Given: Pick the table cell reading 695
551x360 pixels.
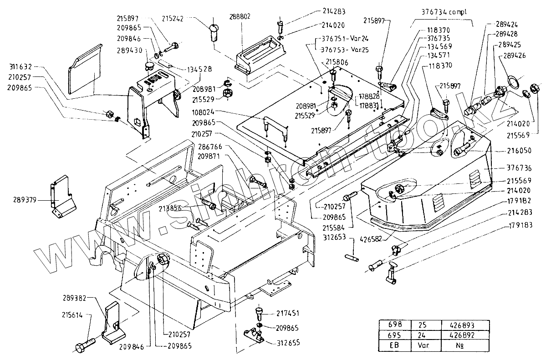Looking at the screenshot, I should click(395, 335).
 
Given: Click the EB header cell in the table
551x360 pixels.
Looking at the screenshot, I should click(395, 345).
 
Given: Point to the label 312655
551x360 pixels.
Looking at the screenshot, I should click(287, 343).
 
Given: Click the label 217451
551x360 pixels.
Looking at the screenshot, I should click(287, 314).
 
